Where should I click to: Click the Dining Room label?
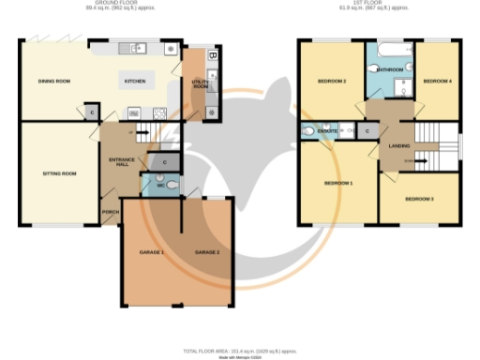(x=52, y=82)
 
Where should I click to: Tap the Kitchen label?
(x=136, y=82)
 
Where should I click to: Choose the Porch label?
(x=110, y=212)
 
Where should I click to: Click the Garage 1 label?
(x=152, y=253)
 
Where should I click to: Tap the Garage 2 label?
(x=206, y=253)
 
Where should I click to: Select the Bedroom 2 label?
(x=332, y=82)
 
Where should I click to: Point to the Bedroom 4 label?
(x=437, y=82)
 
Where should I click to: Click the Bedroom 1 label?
(x=337, y=183)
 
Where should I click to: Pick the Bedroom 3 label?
(x=419, y=199)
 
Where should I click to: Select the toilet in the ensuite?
(x=311, y=131)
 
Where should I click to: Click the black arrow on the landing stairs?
(x=412, y=162)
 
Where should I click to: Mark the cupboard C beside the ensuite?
(x=367, y=131)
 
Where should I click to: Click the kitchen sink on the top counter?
(x=142, y=48)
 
